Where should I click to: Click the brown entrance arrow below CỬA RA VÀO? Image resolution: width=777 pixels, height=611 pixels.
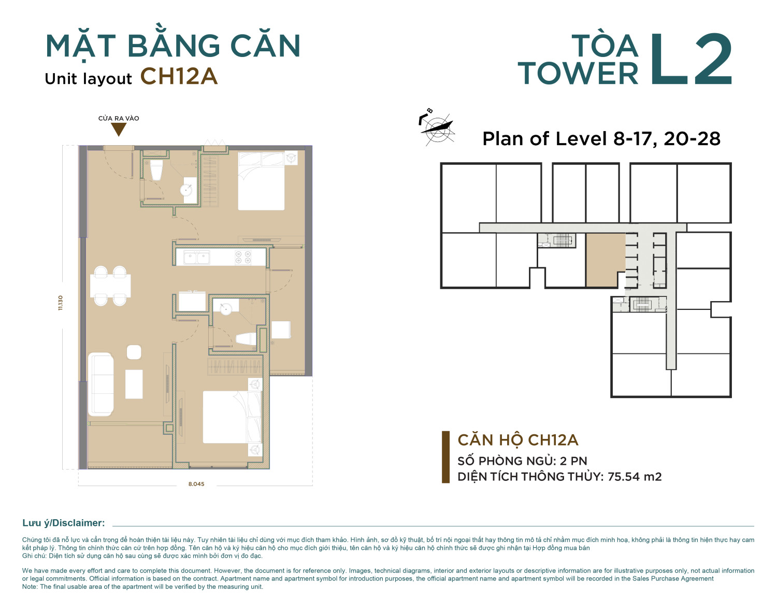coord(118,129)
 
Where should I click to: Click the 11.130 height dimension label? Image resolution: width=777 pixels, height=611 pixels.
coord(61,302)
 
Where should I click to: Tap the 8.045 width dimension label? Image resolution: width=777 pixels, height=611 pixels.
coord(196,484)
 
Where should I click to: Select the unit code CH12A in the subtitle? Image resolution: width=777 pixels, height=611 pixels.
coord(179,76)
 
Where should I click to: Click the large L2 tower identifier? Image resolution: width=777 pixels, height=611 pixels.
coord(691,59)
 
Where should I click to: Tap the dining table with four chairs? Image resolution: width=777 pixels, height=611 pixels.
coord(110,286)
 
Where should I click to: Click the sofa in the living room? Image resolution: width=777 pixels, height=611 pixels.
coord(101,384)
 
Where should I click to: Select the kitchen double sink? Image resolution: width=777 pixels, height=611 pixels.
coord(196,257)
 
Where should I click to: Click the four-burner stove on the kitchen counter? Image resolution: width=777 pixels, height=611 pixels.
coord(243,258)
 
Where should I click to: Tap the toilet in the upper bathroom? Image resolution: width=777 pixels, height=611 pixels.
coord(156,170)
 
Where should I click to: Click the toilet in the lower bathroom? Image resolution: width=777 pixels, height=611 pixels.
coord(246,339)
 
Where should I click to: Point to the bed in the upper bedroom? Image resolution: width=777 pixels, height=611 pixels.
coord(262,181)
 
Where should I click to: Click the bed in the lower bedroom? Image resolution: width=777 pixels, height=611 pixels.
coord(233,417)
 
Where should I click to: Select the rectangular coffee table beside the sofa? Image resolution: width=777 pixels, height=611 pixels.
coord(134,384)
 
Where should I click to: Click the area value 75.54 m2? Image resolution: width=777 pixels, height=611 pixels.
coord(635,476)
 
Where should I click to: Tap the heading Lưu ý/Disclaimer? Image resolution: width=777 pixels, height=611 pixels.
coord(64,523)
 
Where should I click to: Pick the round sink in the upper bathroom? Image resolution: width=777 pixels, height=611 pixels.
coord(186,190)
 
